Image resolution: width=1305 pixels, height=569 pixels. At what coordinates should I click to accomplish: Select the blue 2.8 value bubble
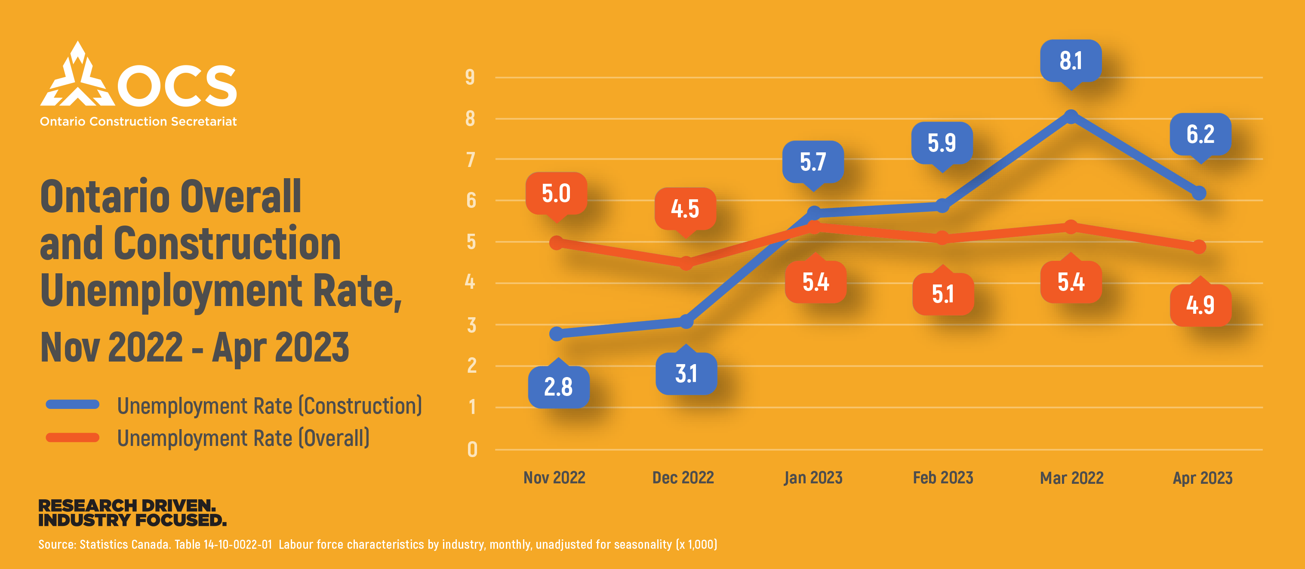pos(558,387)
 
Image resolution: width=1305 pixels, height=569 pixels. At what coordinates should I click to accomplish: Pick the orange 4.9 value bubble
pos(1200,305)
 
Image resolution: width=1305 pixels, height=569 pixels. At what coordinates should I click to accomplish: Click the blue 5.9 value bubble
pos(942,143)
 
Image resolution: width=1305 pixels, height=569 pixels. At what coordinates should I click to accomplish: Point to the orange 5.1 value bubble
pos(943,294)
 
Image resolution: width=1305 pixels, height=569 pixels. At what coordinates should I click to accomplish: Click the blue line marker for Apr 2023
pos(1199,193)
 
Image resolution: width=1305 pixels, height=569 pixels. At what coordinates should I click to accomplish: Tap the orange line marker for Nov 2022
pos(556,243)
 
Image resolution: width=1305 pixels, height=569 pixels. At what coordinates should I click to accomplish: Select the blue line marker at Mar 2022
pos(1071,117)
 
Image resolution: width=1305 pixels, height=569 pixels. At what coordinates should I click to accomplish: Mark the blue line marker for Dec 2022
pos(686,322)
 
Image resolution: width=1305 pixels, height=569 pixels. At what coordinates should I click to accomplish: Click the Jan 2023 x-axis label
pos(813,478)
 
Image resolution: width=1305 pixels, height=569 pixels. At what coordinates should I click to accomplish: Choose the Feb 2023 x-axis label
pos(943,478)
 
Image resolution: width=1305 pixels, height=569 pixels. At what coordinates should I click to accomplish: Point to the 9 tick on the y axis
pos(470,77)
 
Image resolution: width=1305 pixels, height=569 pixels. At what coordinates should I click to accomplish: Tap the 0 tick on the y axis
pos(472,450)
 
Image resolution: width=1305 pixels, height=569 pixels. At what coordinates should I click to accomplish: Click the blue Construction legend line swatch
pos(72,405)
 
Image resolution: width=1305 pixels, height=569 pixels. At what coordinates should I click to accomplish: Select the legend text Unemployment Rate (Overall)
pos(243,438)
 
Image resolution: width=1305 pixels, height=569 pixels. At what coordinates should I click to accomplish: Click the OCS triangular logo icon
pos(77,76)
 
